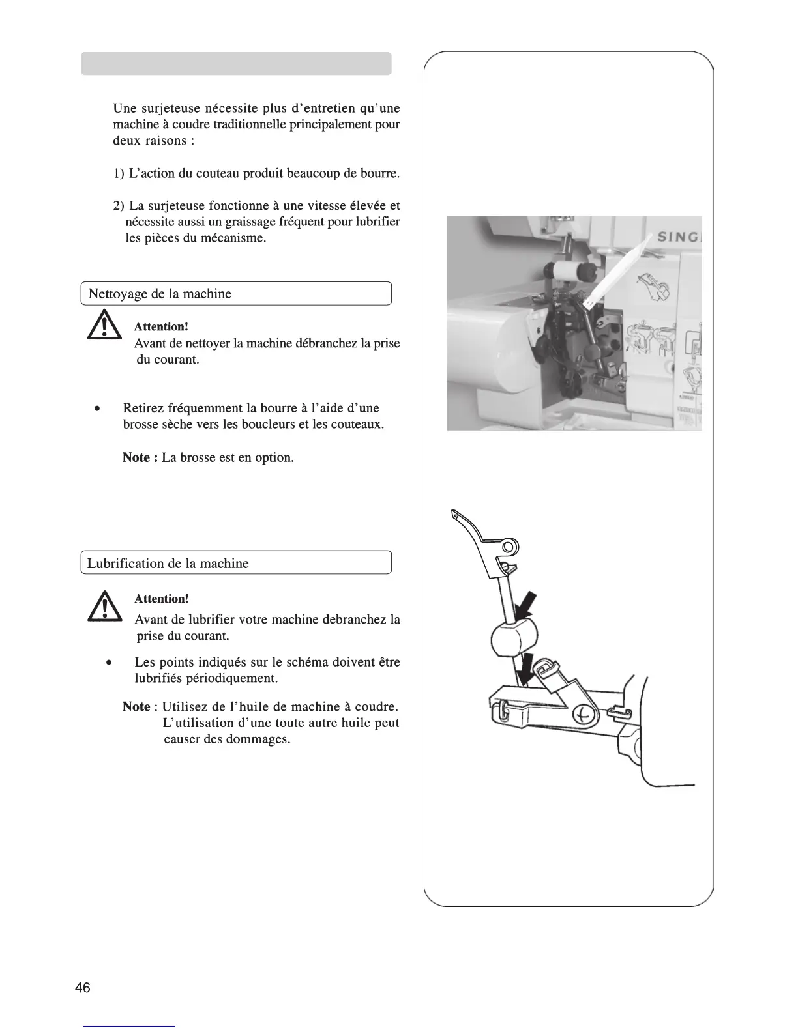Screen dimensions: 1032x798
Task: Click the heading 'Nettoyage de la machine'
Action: pyautogui.click(x=160, y=294)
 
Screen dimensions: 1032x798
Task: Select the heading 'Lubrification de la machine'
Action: pyautogui.click(x=168, y=564)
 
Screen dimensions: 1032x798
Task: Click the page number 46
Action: pyautogui.click(x=83, y=988)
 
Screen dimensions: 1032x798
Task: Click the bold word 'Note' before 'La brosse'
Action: pyautogui.click(x=136, y=457)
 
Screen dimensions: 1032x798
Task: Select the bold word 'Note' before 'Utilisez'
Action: pyautogui.click(x=136, y=707)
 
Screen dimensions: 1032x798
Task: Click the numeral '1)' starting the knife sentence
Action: pyautogui.click(x=119, y=174)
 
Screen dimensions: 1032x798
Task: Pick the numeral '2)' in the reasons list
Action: pyautogui.click(x=119, y=206)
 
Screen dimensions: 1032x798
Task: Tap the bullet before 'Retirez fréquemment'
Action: pyautogui.click(x=96, y=409)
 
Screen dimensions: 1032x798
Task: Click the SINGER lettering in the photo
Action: pyautogui.click(x=679, y=237)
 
